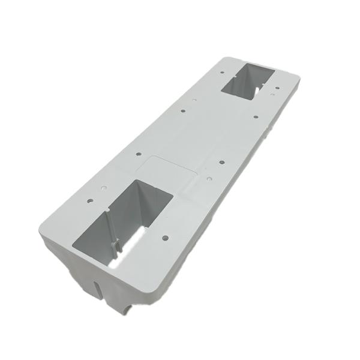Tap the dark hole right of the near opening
[x=166, y=237]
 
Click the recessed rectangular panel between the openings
[x=172, y=170]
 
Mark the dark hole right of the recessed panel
[x=221, y=162]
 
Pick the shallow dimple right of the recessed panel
[x=208, y=178]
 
